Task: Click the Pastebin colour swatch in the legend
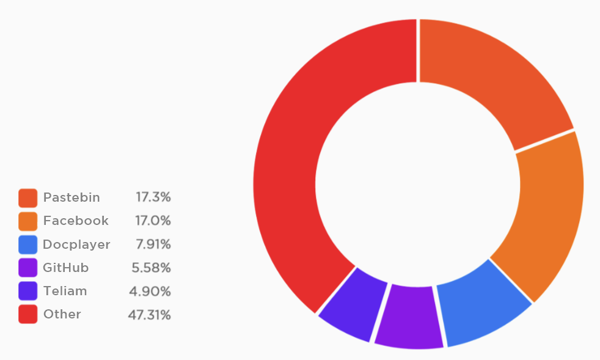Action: [28, 197]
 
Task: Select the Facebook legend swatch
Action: [28, 221]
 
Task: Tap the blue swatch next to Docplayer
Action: [28, 244]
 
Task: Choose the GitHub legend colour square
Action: [28, 268]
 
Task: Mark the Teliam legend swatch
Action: [28, 291]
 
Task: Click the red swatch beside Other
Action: [28, 314]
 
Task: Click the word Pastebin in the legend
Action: [71, 197]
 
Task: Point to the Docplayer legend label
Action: [76, 244]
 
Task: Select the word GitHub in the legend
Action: [66, 268]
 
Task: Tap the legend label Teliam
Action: [65, 291]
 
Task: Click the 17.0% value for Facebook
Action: [153, 221]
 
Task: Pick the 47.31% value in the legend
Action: [150, 315]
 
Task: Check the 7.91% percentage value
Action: [153, 244]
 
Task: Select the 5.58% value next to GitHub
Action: [151, 268]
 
